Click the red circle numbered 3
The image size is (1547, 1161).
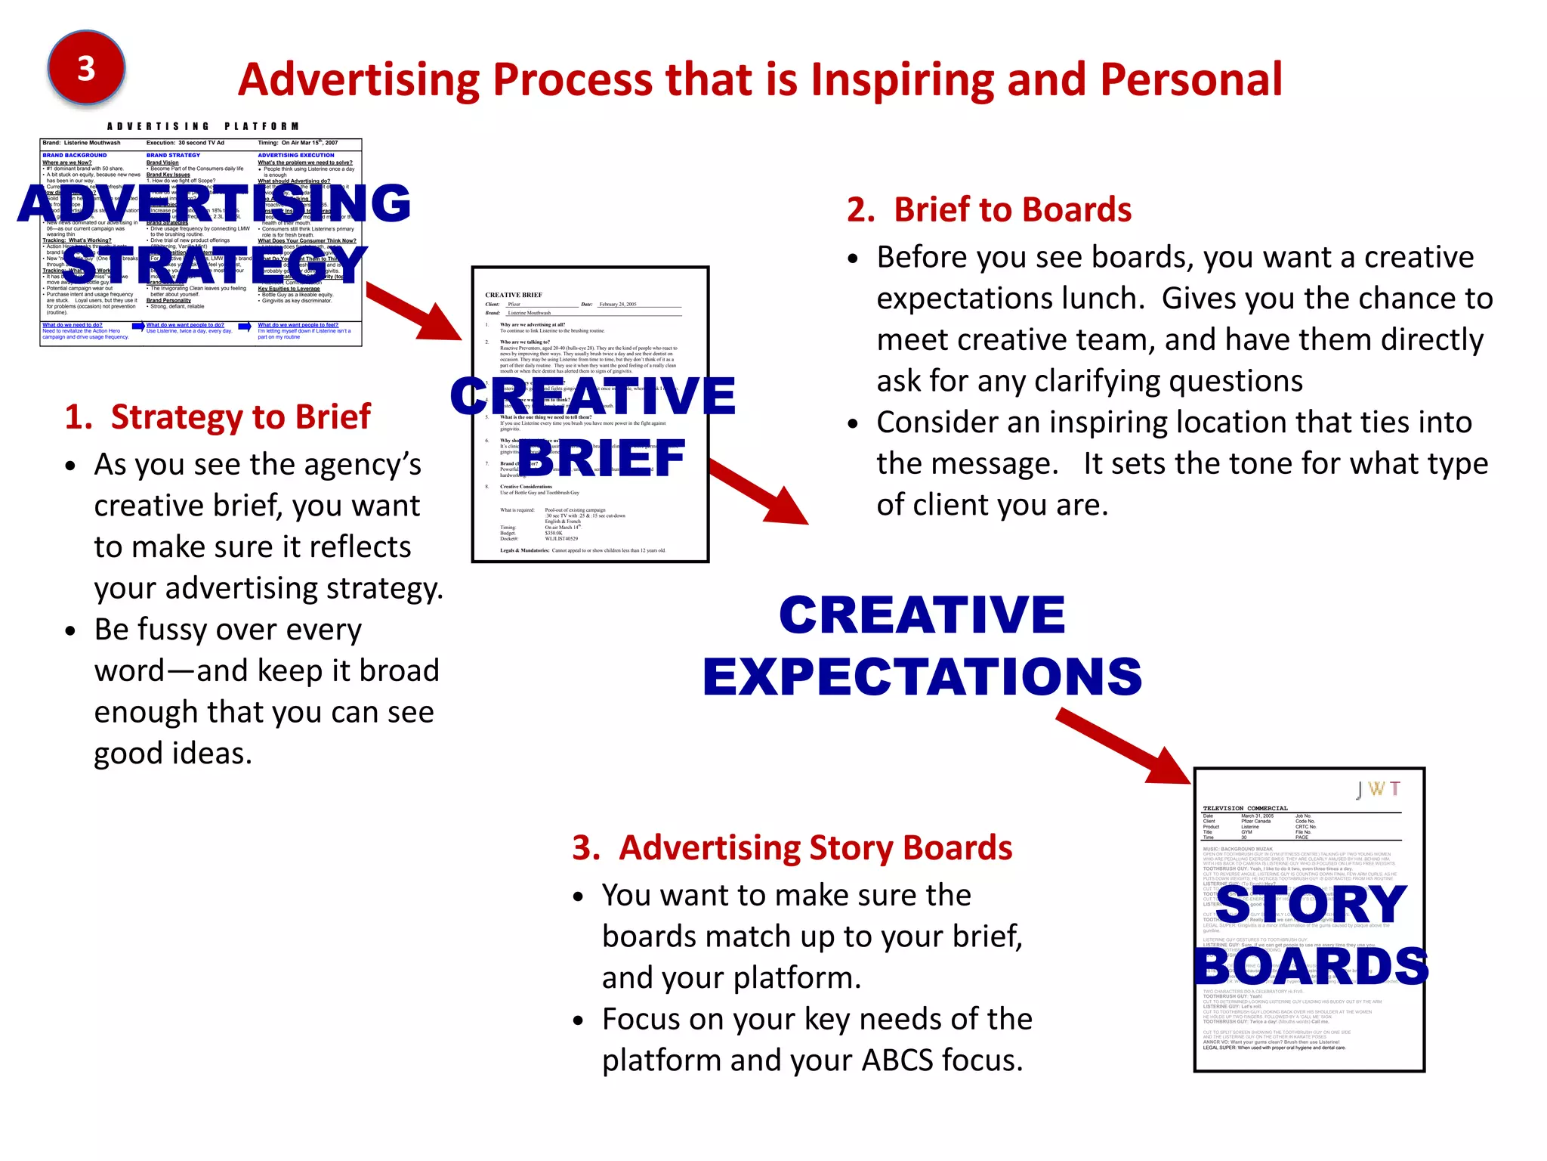[x=86, y=69]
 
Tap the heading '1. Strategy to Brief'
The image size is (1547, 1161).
[x=218, y=417]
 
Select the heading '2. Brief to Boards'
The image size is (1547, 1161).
[x=989, y=210]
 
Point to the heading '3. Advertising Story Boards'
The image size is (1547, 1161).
[x=792, y=848]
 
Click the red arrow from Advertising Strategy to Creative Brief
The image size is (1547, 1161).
[x=415, y=311]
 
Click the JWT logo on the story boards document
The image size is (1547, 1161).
[x=1378, y=790]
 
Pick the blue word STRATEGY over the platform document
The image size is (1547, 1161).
[x=215, y=265]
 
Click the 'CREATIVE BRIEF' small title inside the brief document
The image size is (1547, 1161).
[x=514, y=295]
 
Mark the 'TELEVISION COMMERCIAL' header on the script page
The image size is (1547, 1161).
[x=1245, y=808]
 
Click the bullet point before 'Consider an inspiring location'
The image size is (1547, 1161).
[x=853, y=423]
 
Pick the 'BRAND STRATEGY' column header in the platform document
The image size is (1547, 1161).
[x=173, y=155]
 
